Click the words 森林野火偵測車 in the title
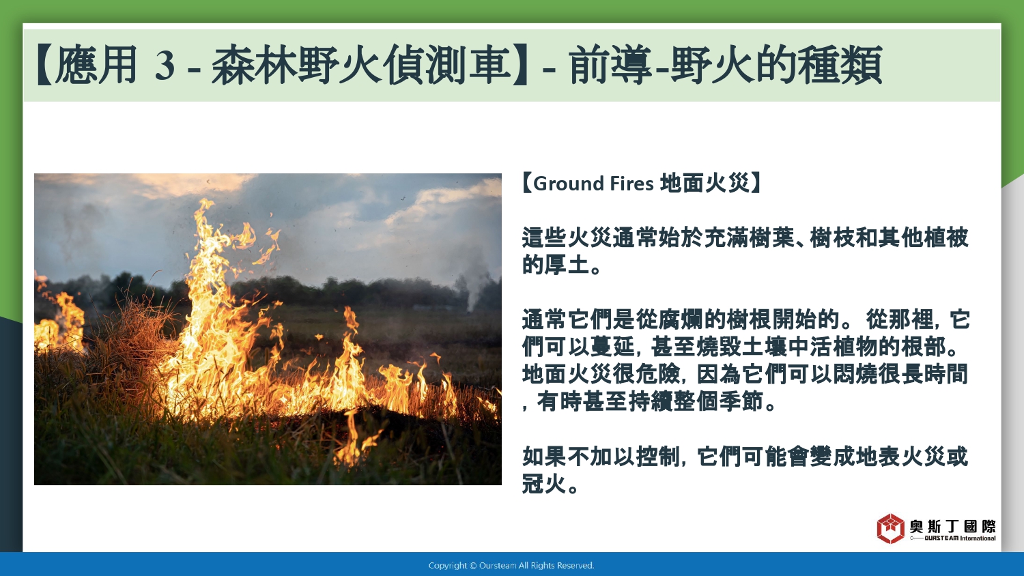click(x=361, y=65)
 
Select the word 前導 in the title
click(x=611, y=65)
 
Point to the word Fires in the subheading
click(x=631, y=184)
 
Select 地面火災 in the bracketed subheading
click(x=705, y=184)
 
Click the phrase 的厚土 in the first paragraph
click(x=556, y=265)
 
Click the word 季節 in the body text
click(x=741, y=401)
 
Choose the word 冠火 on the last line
click(x=545, y=483)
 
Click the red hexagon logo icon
click(x=890, y=528)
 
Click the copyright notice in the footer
click(x=511, y=566)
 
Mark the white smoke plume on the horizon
click(x=472, y=279)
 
